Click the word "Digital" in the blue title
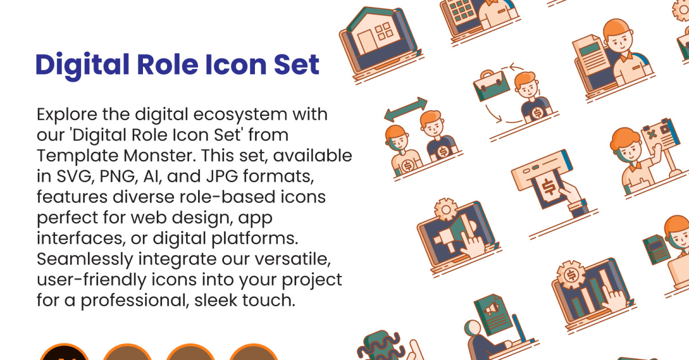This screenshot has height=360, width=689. [82, 65]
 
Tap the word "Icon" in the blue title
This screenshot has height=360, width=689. [235, 65]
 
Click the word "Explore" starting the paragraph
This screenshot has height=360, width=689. [67, 115]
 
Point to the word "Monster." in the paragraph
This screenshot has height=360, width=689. [160, 156]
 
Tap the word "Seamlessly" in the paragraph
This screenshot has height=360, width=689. [85, 260]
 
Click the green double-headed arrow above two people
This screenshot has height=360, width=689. [406, 110]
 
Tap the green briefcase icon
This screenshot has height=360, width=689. [491, 86]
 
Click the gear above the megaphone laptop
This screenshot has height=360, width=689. [446, 210]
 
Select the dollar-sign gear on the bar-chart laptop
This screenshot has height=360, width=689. [571, 274]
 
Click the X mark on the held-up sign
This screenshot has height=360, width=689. [651, 134]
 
